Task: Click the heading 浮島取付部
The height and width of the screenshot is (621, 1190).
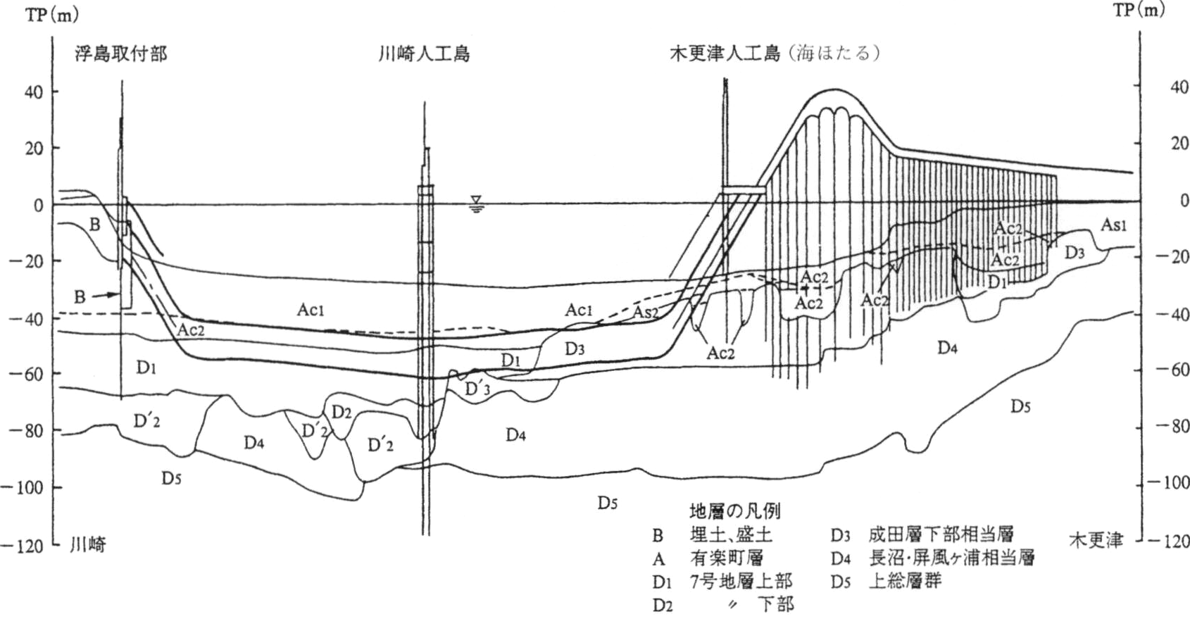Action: (x=121, y=54)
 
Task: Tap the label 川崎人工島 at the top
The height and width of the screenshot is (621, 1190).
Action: (x=424, y=54)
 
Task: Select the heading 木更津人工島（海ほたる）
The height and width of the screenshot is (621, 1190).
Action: (x=775, y=54)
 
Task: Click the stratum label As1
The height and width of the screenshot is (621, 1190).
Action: (x=1113, y=225)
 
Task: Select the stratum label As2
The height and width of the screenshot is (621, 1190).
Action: (x=645, y=313)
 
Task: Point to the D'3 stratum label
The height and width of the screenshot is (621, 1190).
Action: (x=477, y=389)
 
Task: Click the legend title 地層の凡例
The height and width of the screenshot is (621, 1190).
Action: (x=734, y=511)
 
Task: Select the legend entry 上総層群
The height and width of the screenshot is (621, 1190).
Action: (x=905, y=581)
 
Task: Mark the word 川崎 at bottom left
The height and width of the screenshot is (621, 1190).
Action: (x=88, y=544)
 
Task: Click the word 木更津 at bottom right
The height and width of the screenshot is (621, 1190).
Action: (x=1096, y=541)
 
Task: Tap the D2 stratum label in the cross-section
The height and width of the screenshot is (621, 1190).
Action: (x=342, y=412)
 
